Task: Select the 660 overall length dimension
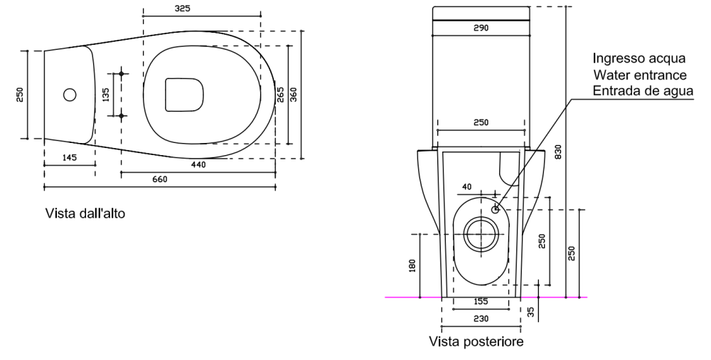pyautogui.click(x=160, y=180)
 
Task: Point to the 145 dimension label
pyautogui.click(x=69, y=158)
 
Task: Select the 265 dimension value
pyautogui.click(x=280, y=95)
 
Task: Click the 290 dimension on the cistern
pyautogui.click(x=481, y=28)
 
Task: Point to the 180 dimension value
pyautogui.click(x=412, y=265)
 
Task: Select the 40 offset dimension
pyautogui.click(x=466, y=186)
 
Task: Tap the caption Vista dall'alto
pyautogui.click(x=85, y=213)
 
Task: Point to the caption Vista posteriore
pyautogui.click(x=476, y=342)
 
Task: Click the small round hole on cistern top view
pyautogui.click(x=70, y=94)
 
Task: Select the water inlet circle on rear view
pyautogui.click(x=496, y=209)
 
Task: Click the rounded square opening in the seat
pyautogui.click(x=183, y=94)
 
